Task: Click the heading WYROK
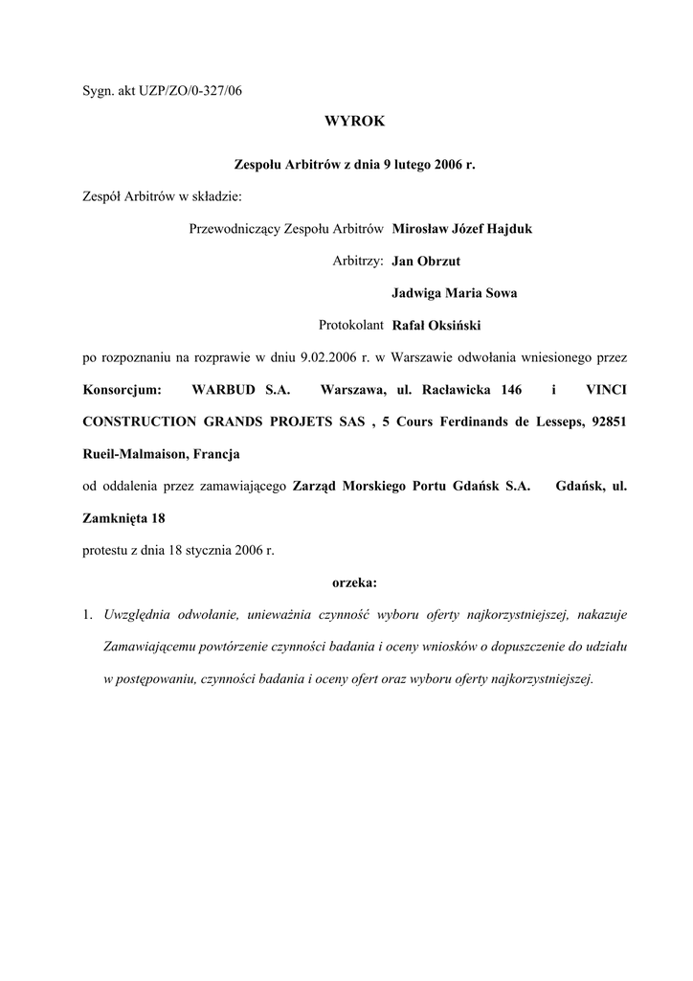354,122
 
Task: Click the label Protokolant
351,326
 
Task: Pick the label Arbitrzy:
358,262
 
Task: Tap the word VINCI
606,390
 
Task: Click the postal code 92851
609,422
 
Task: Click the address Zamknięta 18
124,518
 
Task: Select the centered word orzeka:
354,582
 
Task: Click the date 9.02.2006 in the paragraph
329,357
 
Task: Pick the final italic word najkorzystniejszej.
540,678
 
